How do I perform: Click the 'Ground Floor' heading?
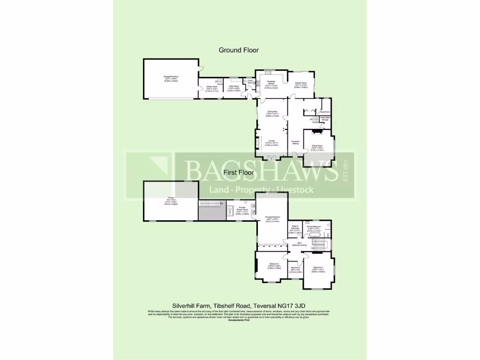pos(239,50)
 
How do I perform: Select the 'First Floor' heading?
pos(239,172)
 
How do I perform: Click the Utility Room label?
pos(234,88)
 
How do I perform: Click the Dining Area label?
pos(272,112)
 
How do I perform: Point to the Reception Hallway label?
pos(295,142)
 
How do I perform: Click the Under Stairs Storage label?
pos(325,119)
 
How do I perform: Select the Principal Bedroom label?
pos(272,218)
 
